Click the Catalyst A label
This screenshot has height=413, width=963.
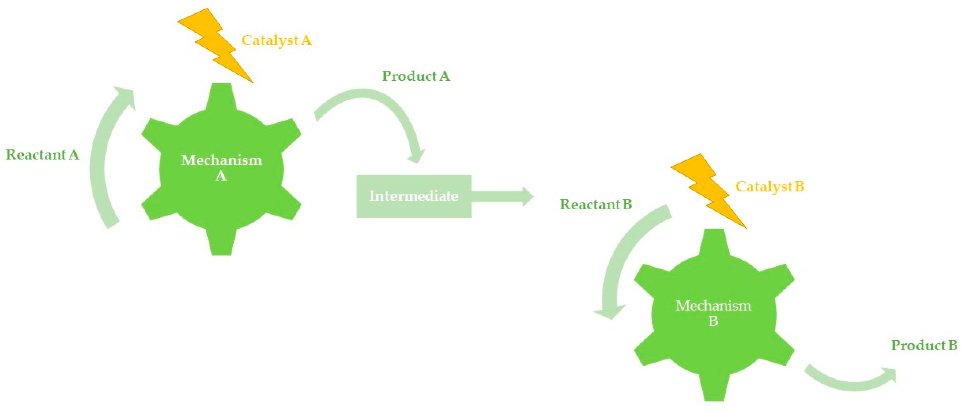(276, 40)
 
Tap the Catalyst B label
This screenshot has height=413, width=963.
(769, 186)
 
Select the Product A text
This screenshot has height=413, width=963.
(416, 76)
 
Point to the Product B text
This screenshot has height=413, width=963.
(924, 345)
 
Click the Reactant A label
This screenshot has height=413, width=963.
(43, 155)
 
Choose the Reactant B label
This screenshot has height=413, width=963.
(596, 205)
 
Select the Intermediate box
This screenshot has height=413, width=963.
(414, 196)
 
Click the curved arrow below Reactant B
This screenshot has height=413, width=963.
(621, 261)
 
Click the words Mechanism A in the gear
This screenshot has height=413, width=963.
(221, 168)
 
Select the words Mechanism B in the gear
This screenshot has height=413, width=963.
(713, 313)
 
